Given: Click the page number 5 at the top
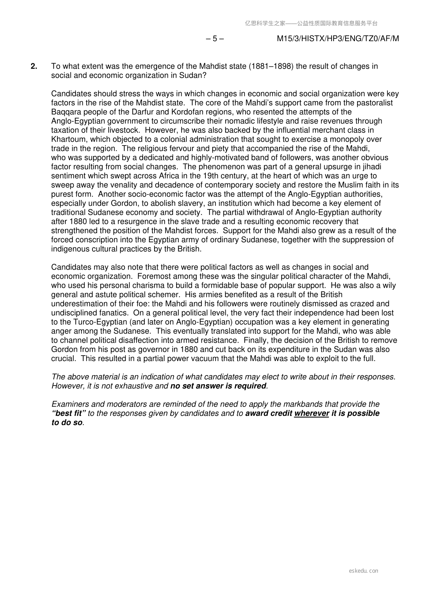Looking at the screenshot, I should point(215,39).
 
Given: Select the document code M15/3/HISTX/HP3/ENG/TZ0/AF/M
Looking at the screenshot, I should point(338,39).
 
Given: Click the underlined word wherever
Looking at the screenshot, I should point(312,413).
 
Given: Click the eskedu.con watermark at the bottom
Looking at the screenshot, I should point(364,571).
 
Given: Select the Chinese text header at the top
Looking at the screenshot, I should point(311,23).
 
